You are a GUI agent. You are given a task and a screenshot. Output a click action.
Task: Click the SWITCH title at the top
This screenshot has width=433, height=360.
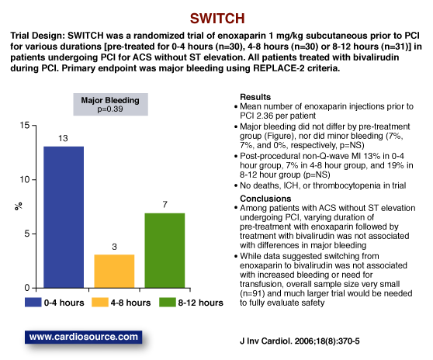click(217, 19)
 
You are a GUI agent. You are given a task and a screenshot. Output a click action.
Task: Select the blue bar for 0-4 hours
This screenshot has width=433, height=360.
click(64, 217)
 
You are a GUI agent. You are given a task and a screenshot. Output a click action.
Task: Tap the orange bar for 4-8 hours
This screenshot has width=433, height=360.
click(114, 272)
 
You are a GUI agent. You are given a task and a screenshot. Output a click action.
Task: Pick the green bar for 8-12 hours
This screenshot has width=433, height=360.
click(165, 251)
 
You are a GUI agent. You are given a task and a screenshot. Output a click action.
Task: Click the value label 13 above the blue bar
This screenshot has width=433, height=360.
click(63, 138)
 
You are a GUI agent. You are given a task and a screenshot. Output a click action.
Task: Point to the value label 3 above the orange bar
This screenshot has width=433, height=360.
click(114, 247)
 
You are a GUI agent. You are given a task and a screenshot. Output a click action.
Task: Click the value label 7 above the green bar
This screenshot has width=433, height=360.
click(165, 205)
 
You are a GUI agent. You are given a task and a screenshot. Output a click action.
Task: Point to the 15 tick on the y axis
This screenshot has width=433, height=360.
click(25, 126)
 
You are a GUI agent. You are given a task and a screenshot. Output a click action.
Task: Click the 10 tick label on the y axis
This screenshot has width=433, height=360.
click(25, 180)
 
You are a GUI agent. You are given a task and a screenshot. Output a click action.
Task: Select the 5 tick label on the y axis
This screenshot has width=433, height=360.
click(27, 234)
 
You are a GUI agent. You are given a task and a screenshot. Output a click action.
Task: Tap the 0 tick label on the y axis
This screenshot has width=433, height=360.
click(27, 288)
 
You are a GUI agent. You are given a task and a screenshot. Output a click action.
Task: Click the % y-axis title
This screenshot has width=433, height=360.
click(18, 206)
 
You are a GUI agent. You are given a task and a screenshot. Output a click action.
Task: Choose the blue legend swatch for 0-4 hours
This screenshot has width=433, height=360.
click(33, 303)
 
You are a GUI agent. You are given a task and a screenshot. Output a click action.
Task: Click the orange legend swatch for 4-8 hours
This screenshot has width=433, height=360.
click(99, 303)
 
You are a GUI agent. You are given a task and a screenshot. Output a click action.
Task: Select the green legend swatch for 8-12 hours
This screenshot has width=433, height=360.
click(168, 303)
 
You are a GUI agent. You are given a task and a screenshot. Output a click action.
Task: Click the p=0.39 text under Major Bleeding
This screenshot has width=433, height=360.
click(110, 109)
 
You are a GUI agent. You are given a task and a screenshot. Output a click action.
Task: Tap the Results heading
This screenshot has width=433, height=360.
click(255, 97)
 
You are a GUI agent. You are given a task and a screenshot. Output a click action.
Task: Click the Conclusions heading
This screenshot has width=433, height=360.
click(265, 199)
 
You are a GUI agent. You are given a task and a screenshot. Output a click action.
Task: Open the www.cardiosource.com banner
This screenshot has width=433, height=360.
click(83, 337)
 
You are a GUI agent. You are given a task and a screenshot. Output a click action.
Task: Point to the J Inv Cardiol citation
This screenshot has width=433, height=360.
click(300, 341)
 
